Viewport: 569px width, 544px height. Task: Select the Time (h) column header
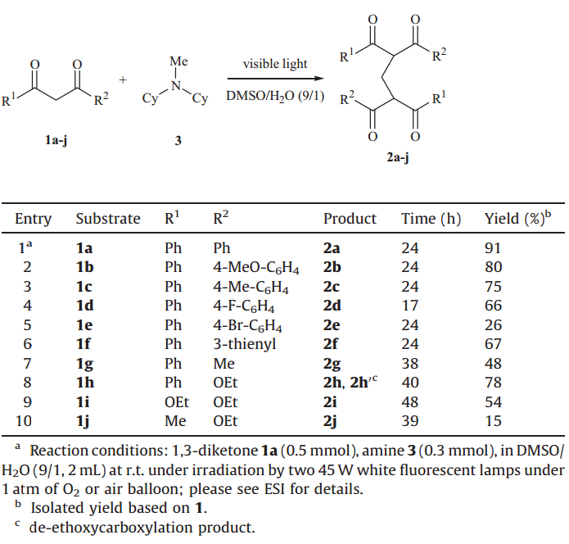[x=431, y=219]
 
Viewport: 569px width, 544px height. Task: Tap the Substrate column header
[x=108, y=219]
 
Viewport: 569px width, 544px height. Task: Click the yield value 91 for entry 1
[x=494, y=248]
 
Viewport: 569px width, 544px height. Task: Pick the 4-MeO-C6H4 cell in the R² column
[x=255, y=267]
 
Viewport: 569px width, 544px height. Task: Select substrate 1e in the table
[x=84, y=324]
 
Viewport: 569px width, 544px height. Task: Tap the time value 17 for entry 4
[x=409, y=306]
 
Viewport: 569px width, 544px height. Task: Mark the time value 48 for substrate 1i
[x=409, y=401]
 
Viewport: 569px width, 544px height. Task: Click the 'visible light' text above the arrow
[x=275, y=64]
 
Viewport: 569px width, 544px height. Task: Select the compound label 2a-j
[x=397, y=158]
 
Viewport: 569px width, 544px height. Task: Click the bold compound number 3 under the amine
[x=178, y=140]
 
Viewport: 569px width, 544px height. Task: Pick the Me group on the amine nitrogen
[x=178, y=61]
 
